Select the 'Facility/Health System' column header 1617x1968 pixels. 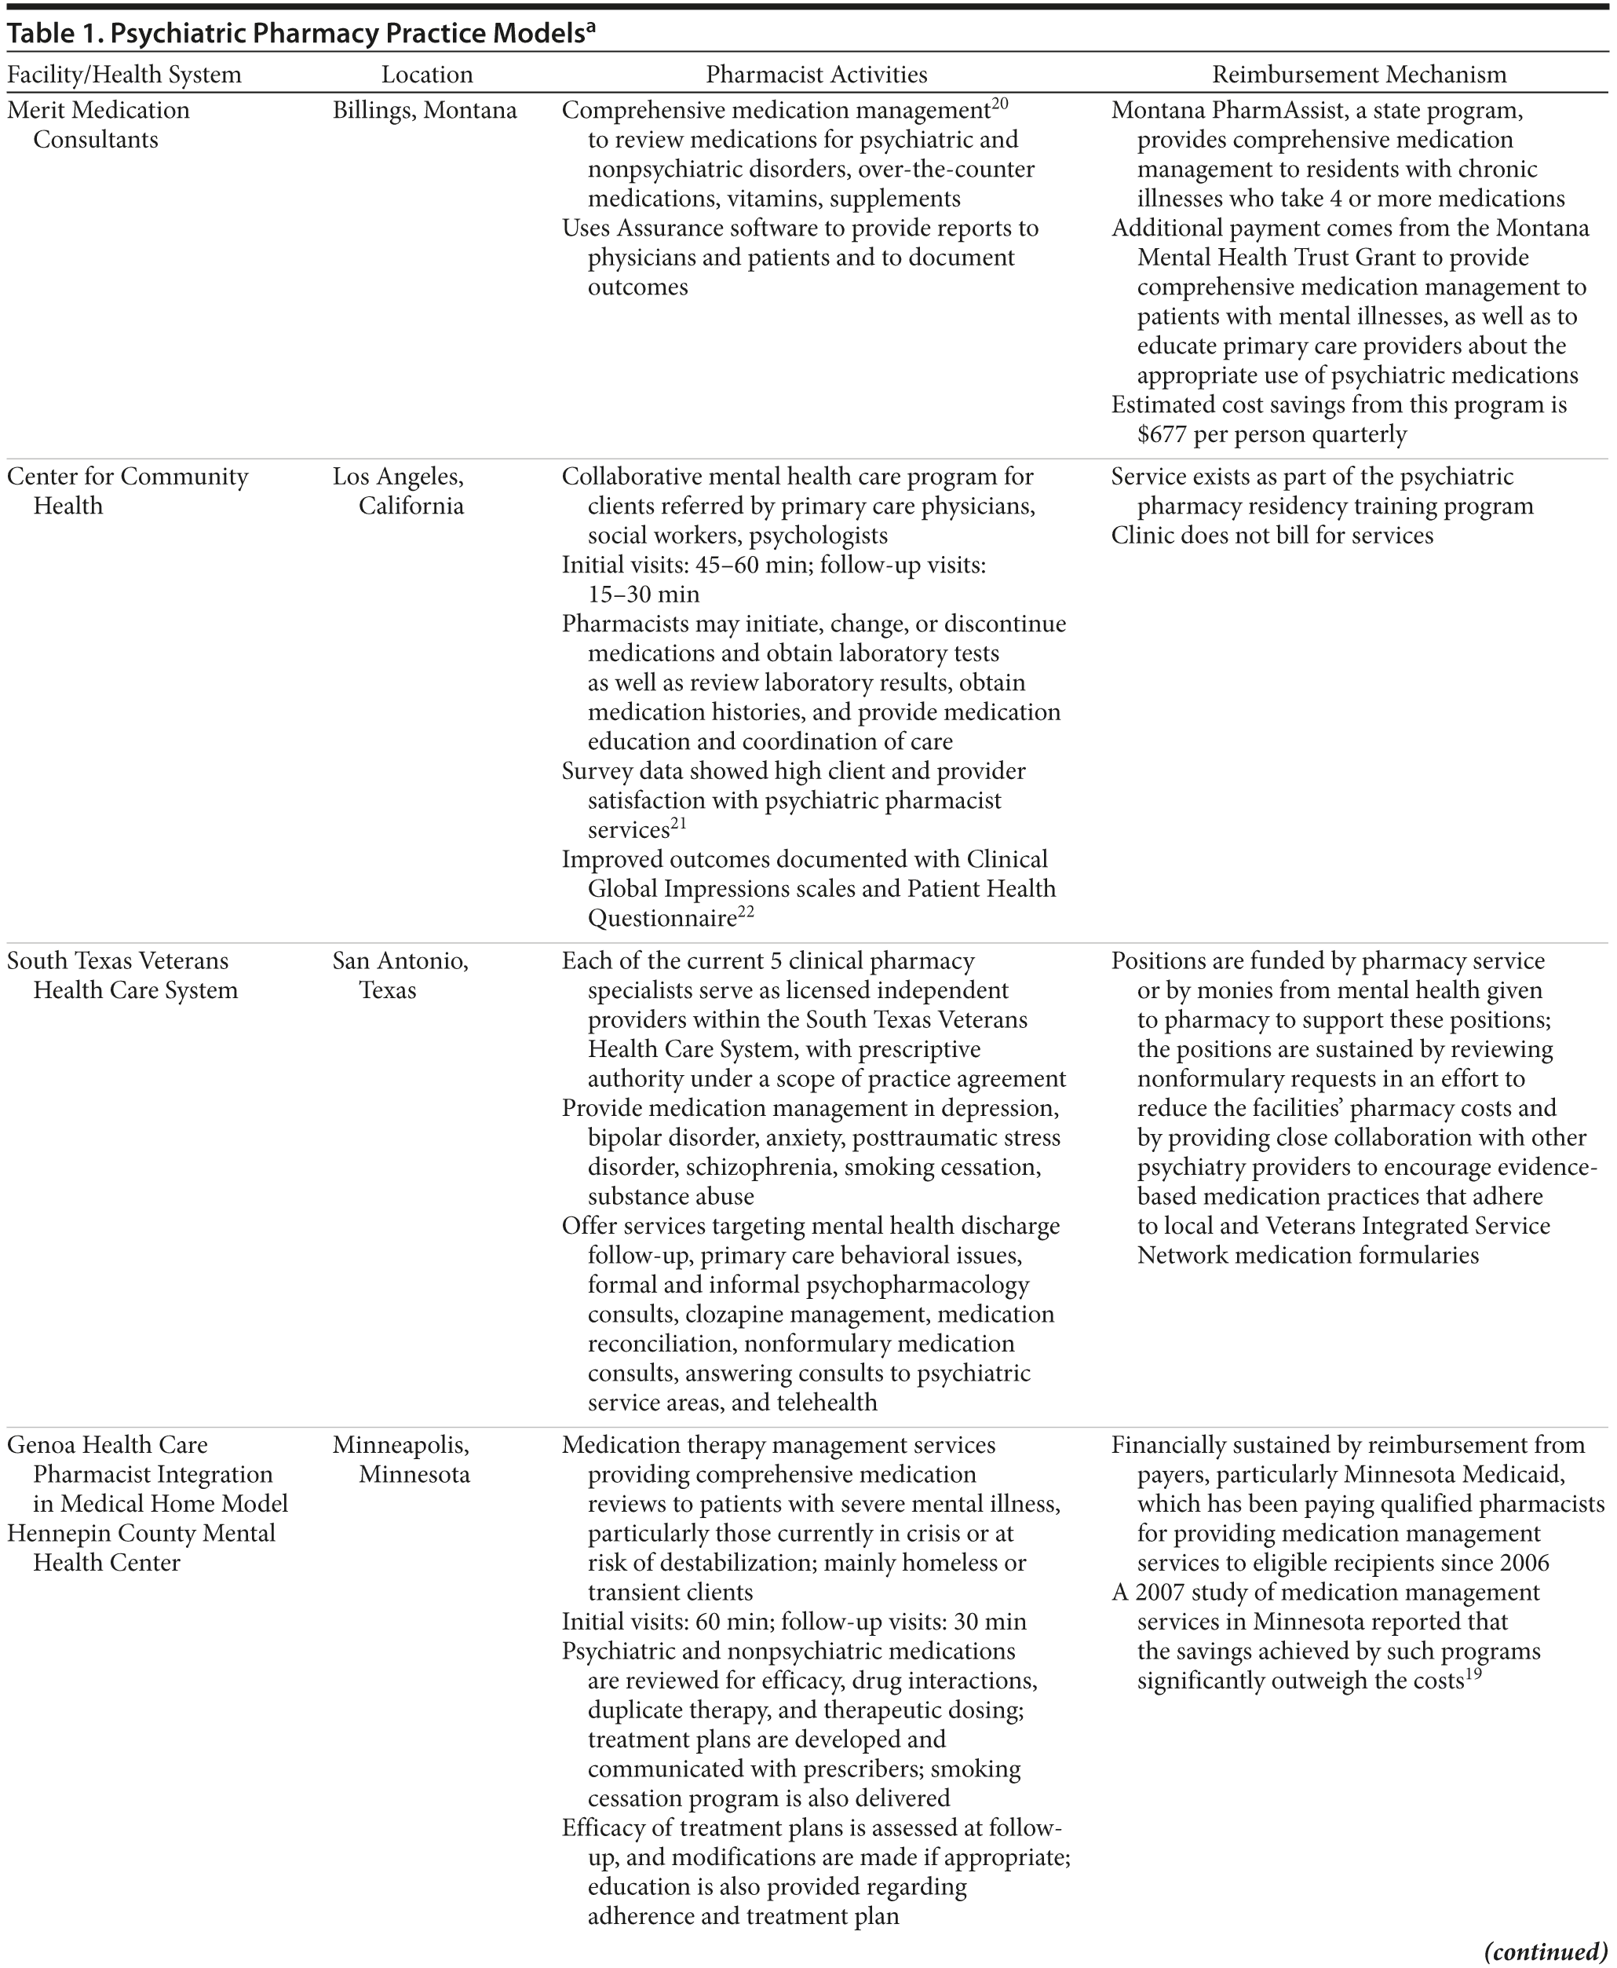124,75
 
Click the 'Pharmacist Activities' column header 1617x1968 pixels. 816,75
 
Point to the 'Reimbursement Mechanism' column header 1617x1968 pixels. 1359,75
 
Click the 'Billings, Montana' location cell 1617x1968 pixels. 424,110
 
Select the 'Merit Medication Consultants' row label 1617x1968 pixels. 98,125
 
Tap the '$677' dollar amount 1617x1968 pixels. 1165,434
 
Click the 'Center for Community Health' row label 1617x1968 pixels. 128,491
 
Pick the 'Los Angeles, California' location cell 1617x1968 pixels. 399,491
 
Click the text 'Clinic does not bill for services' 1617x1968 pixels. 1272,536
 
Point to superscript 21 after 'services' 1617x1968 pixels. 678,824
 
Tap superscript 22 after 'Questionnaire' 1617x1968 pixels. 746,913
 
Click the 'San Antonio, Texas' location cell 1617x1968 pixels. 400,975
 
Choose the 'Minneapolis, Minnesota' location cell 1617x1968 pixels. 400,1459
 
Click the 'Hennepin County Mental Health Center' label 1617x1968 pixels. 141,1548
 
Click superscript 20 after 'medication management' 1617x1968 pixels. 999,104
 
